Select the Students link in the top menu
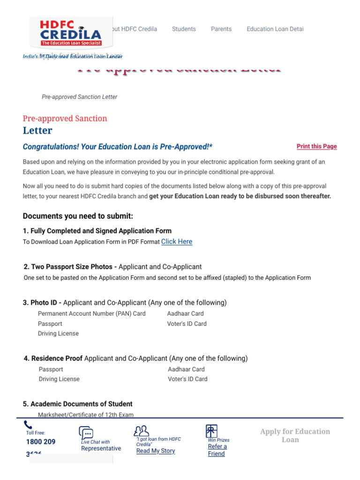pos(184,29)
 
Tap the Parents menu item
pos(221,29)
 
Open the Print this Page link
pos(316,147)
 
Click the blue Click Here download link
pos(177,241)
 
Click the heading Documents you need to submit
pos(78,216)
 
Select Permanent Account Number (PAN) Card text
pos(91,314)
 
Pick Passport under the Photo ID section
pos(50,324)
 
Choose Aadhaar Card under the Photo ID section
pos(185,314)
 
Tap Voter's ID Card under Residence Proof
pos(187,379)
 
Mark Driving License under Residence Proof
pos(59,379)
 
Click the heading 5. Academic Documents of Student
pos(77,404)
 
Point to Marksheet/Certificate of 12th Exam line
pos(85,415)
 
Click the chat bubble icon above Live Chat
pos(86,433)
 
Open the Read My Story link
pos(156,451)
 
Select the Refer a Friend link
pos(217,450)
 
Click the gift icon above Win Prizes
pos(211,431)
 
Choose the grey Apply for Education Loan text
pos(295,435)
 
